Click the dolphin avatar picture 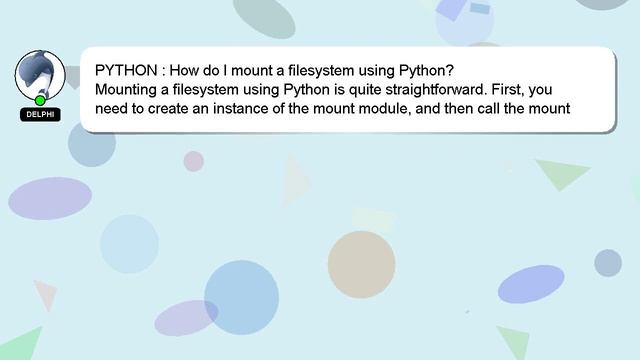40,73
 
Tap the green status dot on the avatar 40,100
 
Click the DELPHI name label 40,114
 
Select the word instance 258,109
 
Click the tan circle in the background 361,264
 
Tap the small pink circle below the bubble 193,161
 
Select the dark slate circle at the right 608,263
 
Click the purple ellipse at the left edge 50,198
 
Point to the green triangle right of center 562,172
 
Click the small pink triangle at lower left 44,294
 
